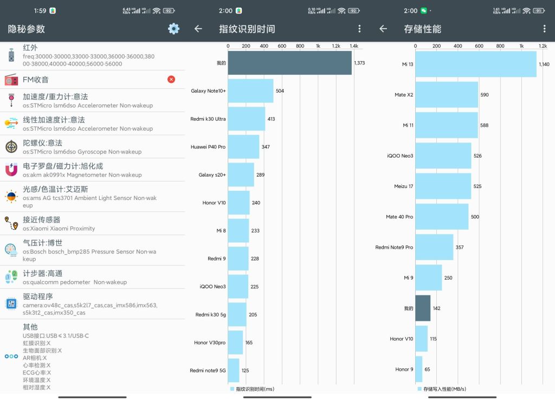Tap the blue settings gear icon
point(173,29)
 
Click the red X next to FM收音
point(171,79)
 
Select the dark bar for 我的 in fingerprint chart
point(289,63)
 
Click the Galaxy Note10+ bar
point(250,90)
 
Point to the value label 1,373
point(359,63)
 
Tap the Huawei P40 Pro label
point(208,147)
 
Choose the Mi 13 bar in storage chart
point(476,64)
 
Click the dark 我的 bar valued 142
point(423,308)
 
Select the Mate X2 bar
point(447,94)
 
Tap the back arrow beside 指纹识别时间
point(198,29)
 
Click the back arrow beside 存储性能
point(383,29)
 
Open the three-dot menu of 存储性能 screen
point(544,29)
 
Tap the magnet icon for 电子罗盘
point(11,170)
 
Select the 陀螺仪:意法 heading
point(42,143)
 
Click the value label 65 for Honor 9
point(427,369)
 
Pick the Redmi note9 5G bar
point(234,371)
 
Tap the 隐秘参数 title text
point(27,29)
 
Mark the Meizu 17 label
point(403,186)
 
